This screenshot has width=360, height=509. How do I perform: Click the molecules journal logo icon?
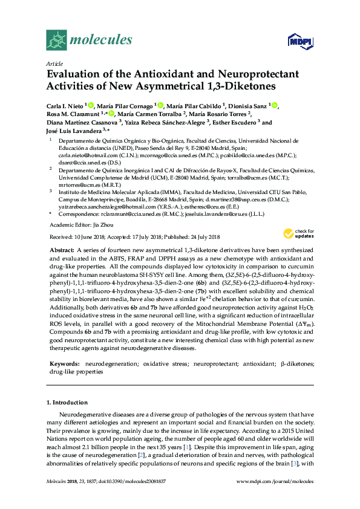click(x=57, y=40)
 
